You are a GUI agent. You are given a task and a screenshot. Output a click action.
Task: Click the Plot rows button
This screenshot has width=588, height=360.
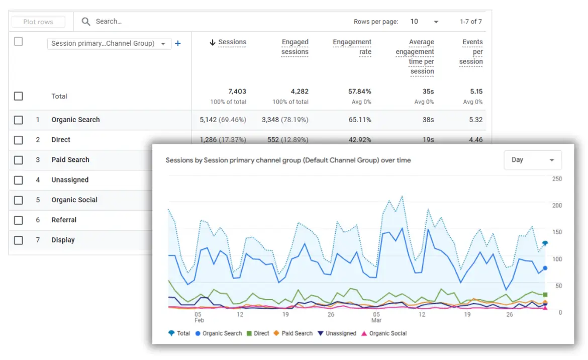tap(38, 22)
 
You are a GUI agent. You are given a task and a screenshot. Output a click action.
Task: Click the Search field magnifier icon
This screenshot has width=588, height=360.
tap(86, 22)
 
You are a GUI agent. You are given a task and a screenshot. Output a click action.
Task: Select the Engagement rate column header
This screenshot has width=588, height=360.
tap(352, 47)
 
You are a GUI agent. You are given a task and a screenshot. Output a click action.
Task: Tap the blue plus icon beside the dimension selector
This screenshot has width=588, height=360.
tap(177, 43)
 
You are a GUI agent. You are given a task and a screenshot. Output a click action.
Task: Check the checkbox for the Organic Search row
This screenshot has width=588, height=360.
tap(19, 120)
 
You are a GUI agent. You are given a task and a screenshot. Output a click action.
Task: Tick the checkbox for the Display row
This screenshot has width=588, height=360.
tap(19, 240)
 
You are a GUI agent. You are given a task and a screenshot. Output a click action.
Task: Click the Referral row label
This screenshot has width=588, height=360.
tap(64, 220)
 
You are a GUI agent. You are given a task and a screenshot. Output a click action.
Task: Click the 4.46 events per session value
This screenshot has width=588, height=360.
tap(475, 140)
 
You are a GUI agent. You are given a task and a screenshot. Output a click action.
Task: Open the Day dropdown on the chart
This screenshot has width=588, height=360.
tap(533, 160)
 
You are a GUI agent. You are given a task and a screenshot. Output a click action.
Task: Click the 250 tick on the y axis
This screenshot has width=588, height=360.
tap(556, 179)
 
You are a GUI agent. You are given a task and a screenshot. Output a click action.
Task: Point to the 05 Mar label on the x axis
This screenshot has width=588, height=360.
tap(376, 317)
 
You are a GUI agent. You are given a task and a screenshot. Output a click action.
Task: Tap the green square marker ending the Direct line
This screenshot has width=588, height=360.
tap(545, 295)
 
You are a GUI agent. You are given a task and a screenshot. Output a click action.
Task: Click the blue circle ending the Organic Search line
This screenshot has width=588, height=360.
tap(545, 268)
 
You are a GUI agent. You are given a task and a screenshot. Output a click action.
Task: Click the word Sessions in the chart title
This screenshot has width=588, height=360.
tap(179, 160)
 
